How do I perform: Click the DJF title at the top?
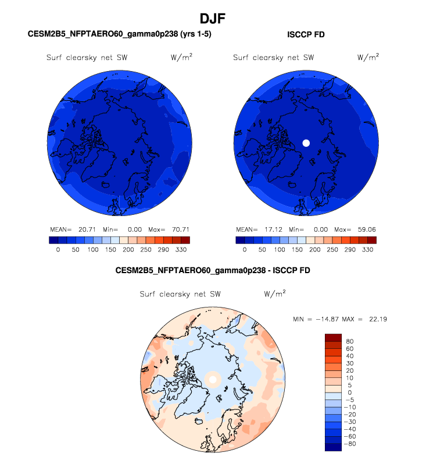[x=213, y=19]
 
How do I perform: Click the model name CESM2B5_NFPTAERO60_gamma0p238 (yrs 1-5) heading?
[x=120, y=34]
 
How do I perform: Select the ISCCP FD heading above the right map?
[x=306, y=34]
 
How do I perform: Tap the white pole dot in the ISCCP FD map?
[x=307, y=143]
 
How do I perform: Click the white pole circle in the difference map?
[x=213, y=379]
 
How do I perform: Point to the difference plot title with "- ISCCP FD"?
[x=213, y=270]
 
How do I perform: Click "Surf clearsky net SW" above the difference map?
[x=180, y=294]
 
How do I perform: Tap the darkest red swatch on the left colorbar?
[x=185, y=239]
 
